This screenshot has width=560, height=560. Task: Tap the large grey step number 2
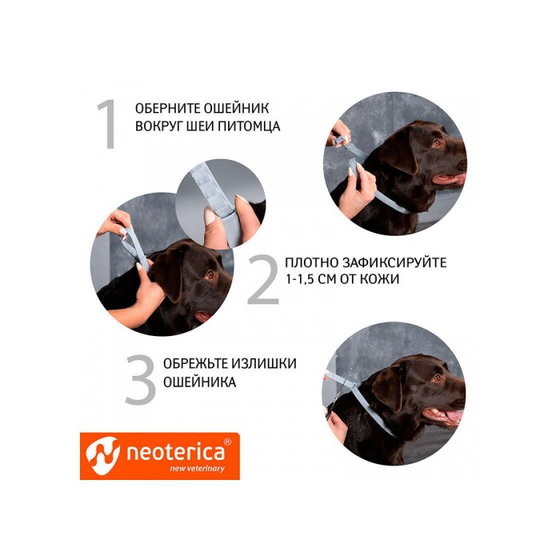coord(262,280)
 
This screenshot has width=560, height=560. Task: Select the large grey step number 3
coord(140,381)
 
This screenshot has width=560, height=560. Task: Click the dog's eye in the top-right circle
coord(436,143)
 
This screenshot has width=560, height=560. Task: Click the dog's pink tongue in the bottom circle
coord(452,416)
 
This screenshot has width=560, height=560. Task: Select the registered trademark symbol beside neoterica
coord(226,442)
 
